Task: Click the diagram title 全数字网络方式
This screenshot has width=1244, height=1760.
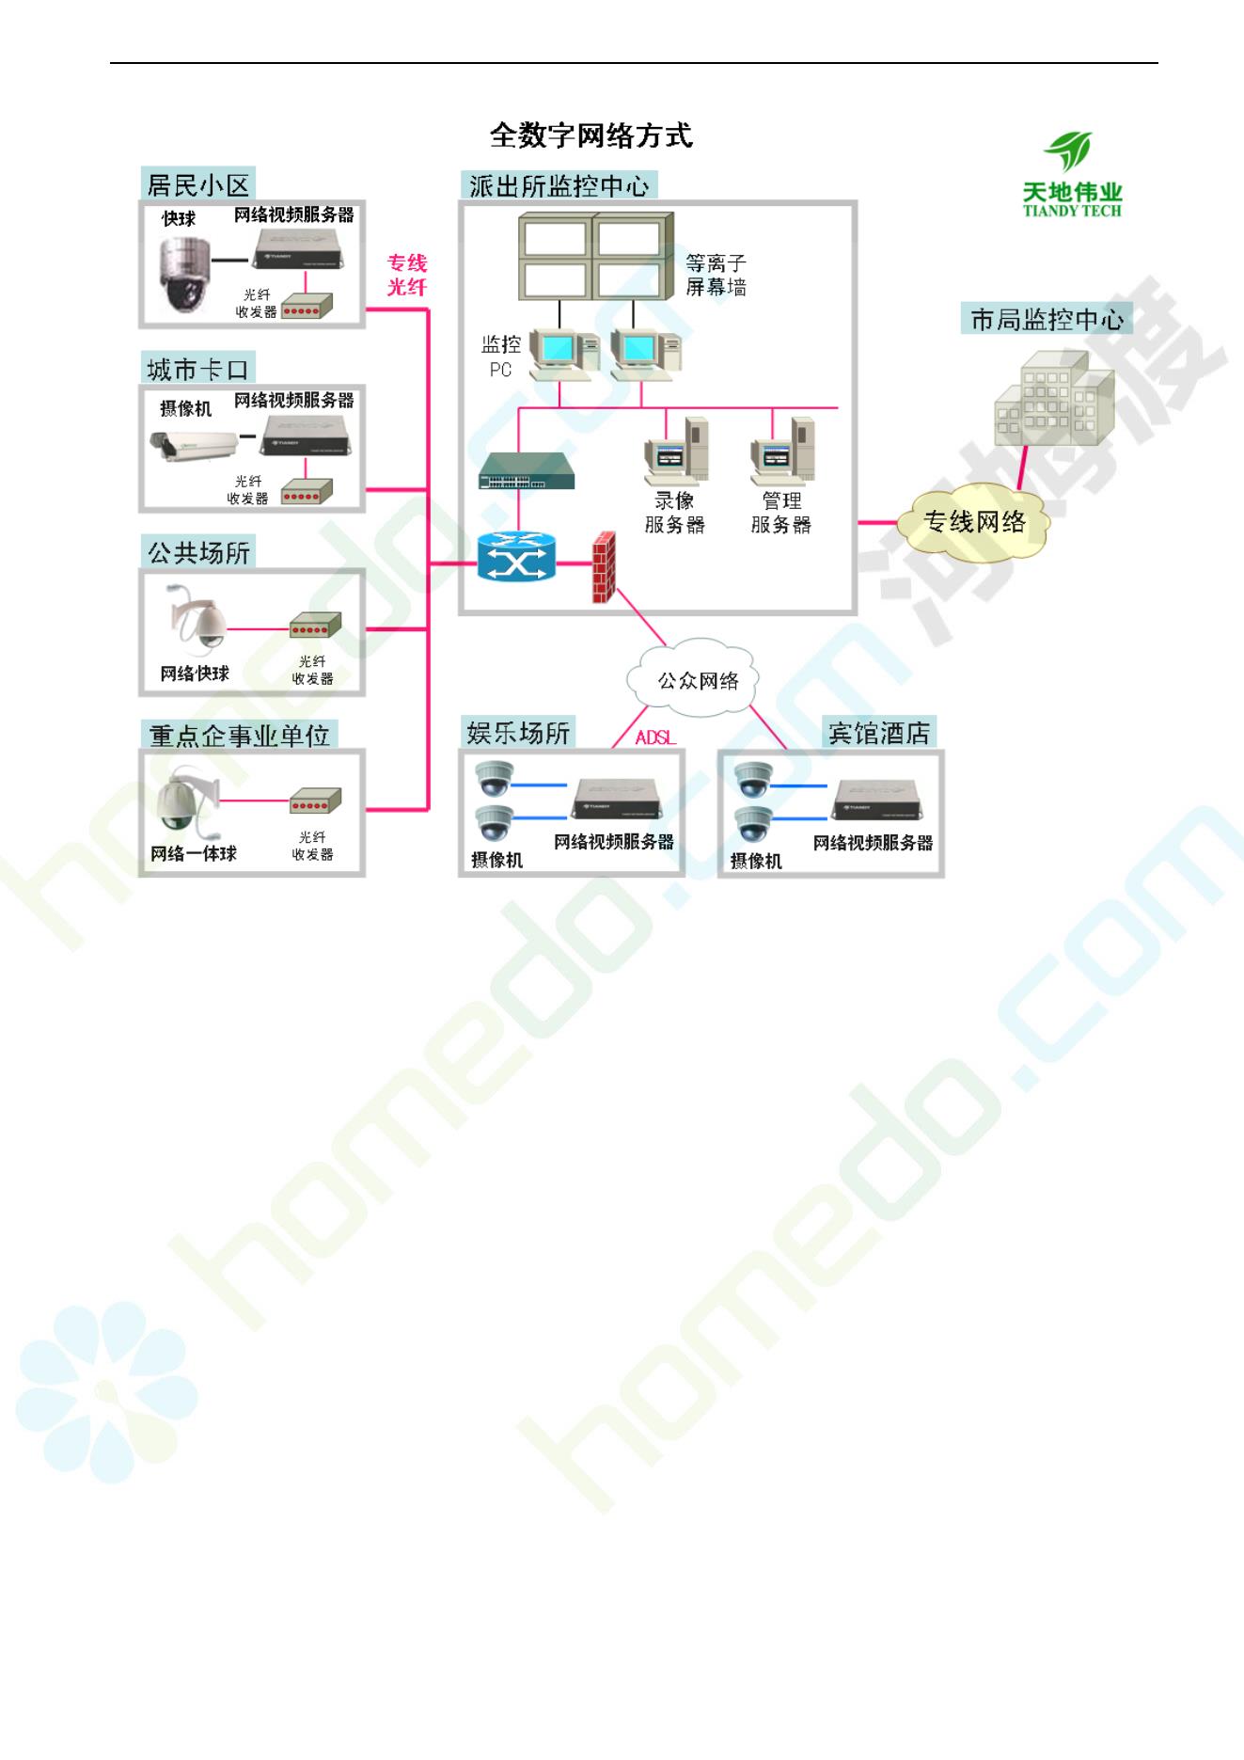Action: (x=591, y=136)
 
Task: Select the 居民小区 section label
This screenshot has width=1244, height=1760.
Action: (x=198, y=184)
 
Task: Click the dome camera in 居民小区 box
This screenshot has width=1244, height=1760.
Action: (x=183, y=275)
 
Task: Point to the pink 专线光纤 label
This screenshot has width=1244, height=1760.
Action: (x=407, y=275)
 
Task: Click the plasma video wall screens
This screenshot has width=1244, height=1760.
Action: (x=594, y=257)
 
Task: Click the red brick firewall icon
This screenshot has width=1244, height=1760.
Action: (x=604, y=567)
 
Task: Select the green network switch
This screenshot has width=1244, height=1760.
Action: (x=526, y=471)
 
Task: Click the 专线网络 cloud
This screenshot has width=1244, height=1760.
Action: (x=974, y=522)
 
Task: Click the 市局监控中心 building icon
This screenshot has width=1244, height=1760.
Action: (x=1053, y=400)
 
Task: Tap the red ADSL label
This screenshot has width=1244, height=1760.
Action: (x=655, y=737)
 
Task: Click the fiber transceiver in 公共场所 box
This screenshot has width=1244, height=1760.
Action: (x=315, y=626)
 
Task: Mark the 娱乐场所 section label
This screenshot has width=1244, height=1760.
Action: (x=518, y=732)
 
